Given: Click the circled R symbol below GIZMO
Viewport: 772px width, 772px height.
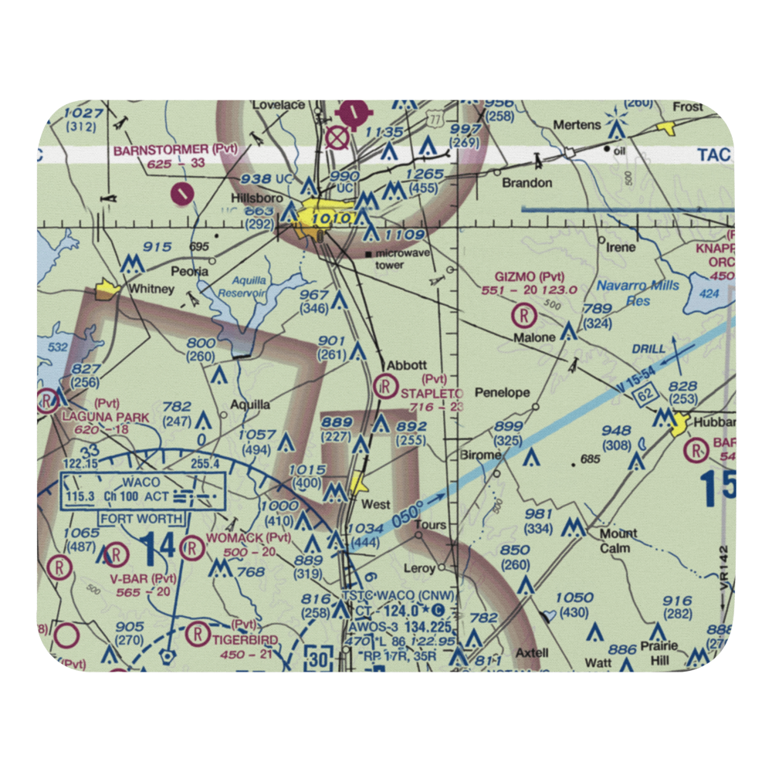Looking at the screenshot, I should [x=525, y=315].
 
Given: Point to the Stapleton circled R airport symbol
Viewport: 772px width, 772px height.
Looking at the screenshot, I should [x=384, y=386].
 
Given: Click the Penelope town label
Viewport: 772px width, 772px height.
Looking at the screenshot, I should [x=503, y=392].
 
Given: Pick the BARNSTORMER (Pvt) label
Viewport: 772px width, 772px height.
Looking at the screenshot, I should [x=175, y=150].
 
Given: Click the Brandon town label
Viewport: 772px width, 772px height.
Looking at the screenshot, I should [x=527, y=183].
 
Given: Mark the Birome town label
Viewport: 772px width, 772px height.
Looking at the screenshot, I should [x=480, y=455].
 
